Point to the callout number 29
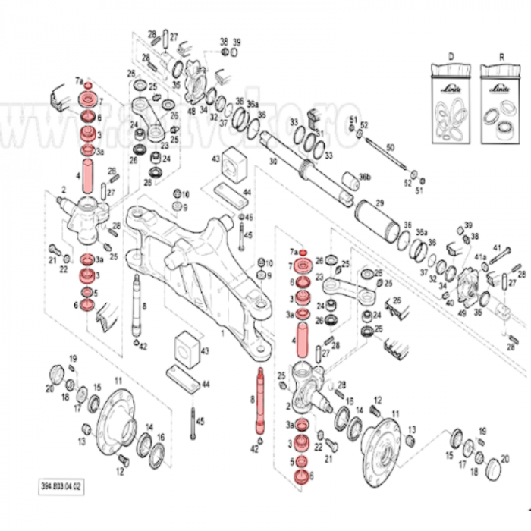[380, 204]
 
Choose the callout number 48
[191, 111]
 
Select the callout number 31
[319, 134]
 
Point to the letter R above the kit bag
[498, 55]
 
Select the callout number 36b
[366, 178]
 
